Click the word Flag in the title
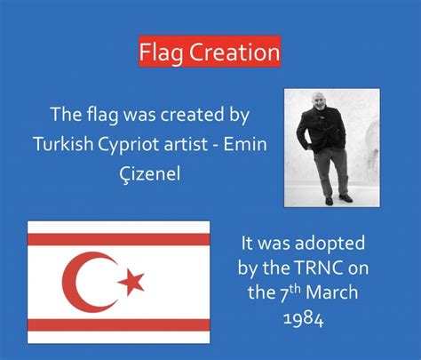[x=162, y=52]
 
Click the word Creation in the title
[x=234, y=52]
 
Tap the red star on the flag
[x=131, y=282]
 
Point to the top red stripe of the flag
[x=119, y=239]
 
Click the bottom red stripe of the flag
[x=119, y=325]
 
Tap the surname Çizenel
[x=150, y=173]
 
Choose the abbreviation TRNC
[x=319, y=268]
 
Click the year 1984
[x=304, y=319]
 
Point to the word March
[x=332, y=292]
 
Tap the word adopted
[x=330, y=244]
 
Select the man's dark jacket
[x=322, y=130]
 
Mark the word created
[x=193, y=115]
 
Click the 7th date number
[x=290, y=293]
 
